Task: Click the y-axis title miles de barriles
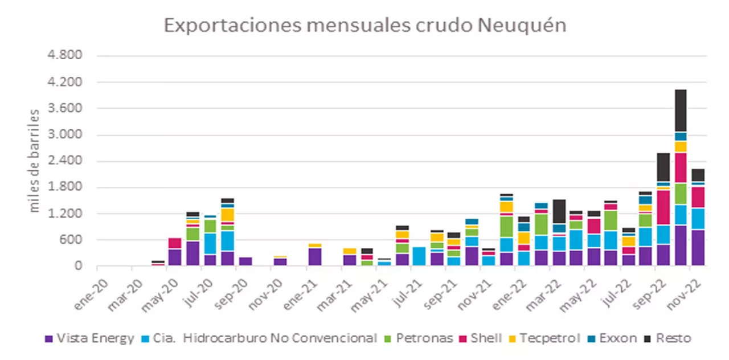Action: click(x=35, y=161)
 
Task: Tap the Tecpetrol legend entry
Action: click(x=544, y=338)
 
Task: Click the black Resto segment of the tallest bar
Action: click(x=681, y=110)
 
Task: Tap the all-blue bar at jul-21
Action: click(x=419, y=256)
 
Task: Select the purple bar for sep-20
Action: click(x=245, y=261)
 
